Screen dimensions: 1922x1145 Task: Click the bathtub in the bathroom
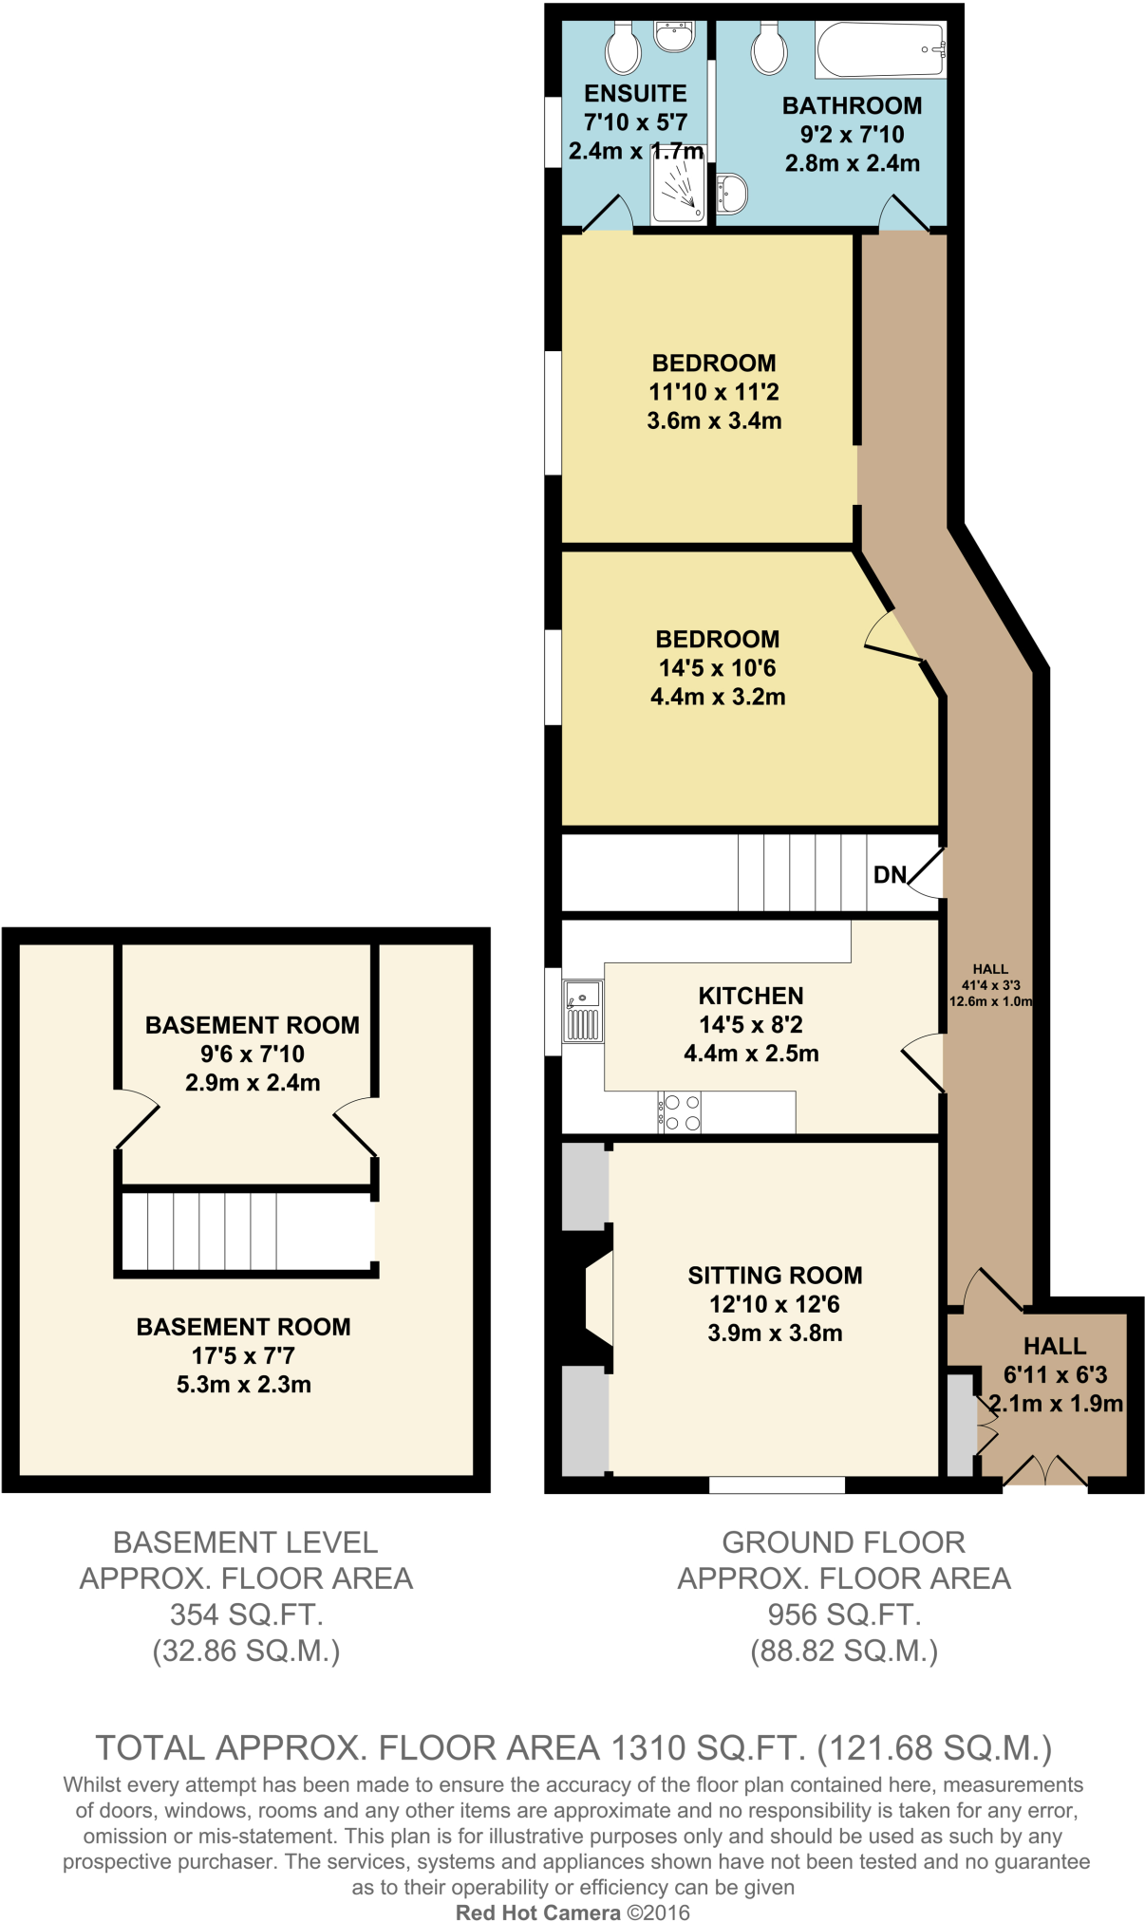pyautogui.click(x=879, y=50)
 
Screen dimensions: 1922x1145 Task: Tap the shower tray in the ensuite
pyautogui.click(x=678, y=187)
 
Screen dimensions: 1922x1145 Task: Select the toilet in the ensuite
pyautogui.click(x=623, y=48)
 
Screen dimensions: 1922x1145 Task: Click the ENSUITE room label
pyautogui.click(x=635, y=94)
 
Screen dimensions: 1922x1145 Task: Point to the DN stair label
pyautogui.click(x=890, y=875)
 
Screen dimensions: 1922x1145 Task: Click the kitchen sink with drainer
pyautogui.click(x=583, y=1012)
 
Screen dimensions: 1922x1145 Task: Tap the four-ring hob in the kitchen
pyautogui.click(x=680, y=1112)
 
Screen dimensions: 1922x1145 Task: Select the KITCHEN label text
pyautogui.click(x=750, y=996)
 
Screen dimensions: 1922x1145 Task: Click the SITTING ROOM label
pyautogui.click(x=775, y=1275)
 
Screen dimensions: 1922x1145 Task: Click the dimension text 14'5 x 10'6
pyautogui.click(x=717, y=668)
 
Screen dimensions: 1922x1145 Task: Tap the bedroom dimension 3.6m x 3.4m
pyautogui.click(x=714, y=420)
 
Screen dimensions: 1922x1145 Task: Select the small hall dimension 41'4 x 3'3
pyautogui.click(x=990, y=985)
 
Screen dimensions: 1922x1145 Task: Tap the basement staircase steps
pyautogui.click(x=213, y=1230)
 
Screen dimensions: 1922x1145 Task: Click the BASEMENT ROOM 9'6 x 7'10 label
pyautogui.click(x=252, y=1025)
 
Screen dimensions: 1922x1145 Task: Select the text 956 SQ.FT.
pyautogui.click(x=844, y=1614)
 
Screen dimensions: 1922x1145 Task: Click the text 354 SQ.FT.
pyautogui.click(x=246, y=1614)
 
